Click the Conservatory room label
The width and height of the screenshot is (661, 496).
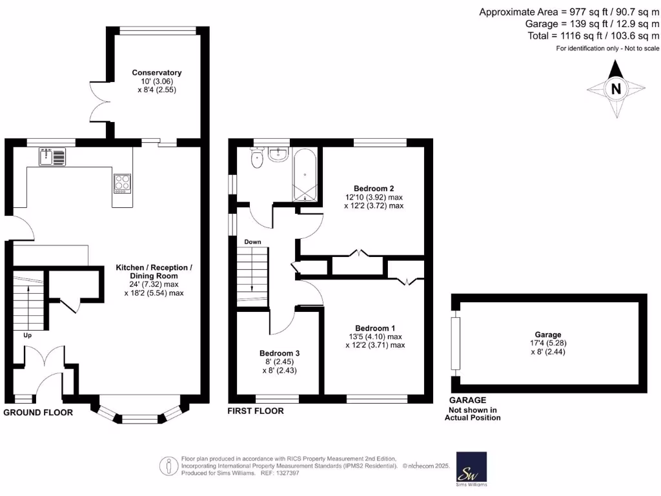156,72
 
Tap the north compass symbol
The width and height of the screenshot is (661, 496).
616,89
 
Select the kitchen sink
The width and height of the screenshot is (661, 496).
52,156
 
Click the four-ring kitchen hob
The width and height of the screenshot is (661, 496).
122,183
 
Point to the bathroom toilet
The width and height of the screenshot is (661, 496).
258,158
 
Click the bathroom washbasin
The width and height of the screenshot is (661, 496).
278,154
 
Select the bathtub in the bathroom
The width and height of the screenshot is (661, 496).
305,174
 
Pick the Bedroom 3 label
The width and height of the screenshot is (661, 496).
279,353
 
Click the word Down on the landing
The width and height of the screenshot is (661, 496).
252,242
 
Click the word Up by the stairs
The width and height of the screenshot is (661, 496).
27,336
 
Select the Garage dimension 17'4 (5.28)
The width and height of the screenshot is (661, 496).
547,343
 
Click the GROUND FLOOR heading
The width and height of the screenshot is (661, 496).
38,412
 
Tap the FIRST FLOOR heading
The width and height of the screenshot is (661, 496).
255,411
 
